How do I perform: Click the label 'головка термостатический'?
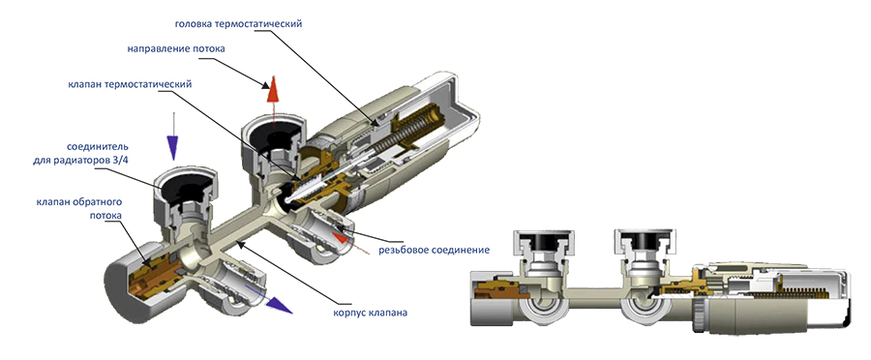point(238,24)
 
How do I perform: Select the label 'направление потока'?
point(176,49)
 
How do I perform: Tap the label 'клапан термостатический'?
point(130,84)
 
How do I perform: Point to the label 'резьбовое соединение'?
point(434,250)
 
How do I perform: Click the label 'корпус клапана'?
point(370,313)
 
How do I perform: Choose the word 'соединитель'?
point(98,147)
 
